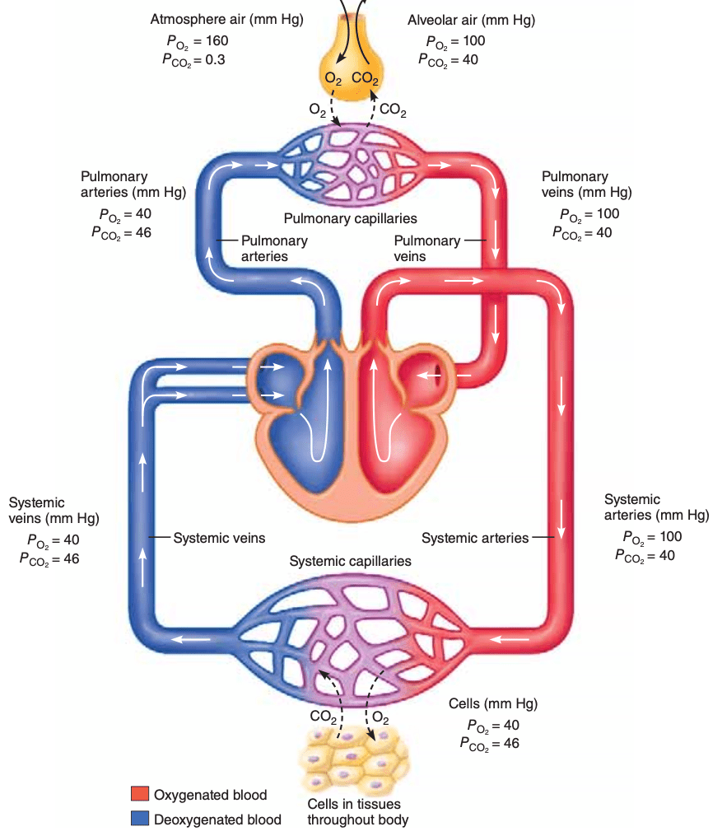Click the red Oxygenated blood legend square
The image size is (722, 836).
coord(140,793)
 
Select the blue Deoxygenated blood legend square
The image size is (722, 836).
coord(140,818)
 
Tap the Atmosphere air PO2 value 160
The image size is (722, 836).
coord(217,40)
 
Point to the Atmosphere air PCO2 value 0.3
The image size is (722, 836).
coord(215,59)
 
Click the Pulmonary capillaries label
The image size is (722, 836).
coord(350,218)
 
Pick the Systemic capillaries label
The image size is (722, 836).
coord(350,561)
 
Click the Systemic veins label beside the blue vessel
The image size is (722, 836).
coord(219,538)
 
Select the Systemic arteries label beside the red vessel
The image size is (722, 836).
coord(475,538)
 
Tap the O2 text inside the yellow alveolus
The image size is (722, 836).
coord(333,79)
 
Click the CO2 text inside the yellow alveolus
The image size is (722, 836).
coord(365,78)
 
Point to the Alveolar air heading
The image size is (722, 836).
coord(442,21)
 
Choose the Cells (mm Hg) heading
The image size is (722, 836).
coord(493,703)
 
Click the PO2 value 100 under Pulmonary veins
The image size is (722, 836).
coord(608,214)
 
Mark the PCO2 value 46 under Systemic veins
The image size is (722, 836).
coord(72,558)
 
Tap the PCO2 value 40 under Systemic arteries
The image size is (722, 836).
coord(667,556)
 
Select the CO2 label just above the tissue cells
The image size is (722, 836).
coord(324,717)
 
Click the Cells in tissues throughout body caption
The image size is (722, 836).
coord(357,811)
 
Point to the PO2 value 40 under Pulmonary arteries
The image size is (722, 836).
coord(143,214)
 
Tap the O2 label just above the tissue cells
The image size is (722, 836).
coord(380,717)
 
